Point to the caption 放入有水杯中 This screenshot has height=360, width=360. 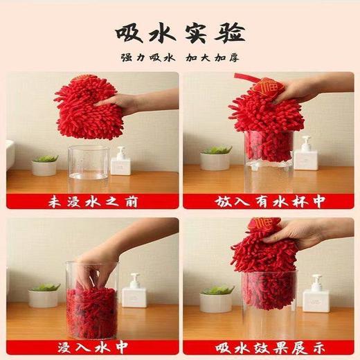tap(269, 201)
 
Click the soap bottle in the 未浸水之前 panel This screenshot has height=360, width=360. tap(121, 161)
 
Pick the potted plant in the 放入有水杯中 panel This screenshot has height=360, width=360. tap(216, 159)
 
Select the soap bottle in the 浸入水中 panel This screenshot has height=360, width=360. tap(132, 290)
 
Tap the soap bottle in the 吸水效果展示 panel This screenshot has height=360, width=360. tap(316, 294)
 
